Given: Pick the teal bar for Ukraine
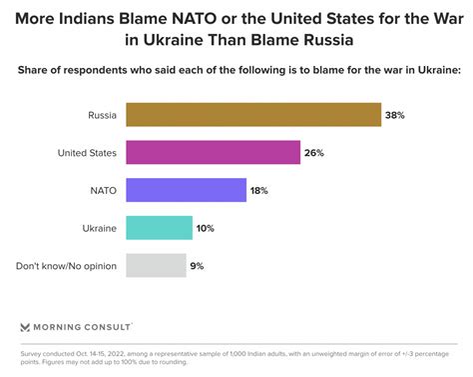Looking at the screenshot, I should pyautogui.click(x=160, y=228).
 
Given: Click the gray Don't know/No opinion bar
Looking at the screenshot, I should pyautogui.click(x=156, y=265).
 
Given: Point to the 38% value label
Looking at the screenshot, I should pyautogui.click(x=396, y=115).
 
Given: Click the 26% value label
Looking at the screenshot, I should pyautogui.click(x=315, y=152).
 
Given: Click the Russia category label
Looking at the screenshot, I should pyautogui.click(x=102, y=115).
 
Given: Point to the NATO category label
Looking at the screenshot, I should pyautogui.click(x=104, y=190).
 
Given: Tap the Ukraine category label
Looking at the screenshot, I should pyautogui.click(x=99, y=228).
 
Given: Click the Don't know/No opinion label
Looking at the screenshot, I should pyautogui.click(x=67, y=265).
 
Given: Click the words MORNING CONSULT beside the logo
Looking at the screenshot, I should pyautogui.click(x=85, y=326).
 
